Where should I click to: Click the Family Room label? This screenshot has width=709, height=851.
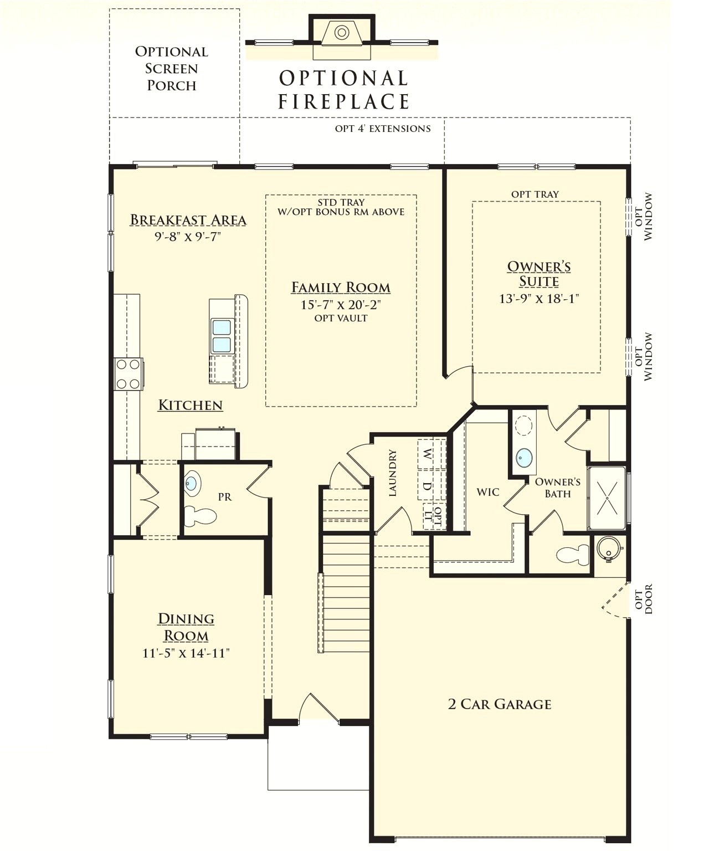[x=341, y=288]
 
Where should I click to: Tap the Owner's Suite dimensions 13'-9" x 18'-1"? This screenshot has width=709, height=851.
[x=538, y=299]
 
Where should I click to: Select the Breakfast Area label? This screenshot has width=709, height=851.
[x=188, y=220]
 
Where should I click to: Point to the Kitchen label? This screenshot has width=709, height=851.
[x=190, y=405]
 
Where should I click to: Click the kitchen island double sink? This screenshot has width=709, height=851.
[x=222, y=336]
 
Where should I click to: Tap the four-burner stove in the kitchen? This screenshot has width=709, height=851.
[x=128, y=374]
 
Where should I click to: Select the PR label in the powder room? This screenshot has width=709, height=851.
[x=224, y=497]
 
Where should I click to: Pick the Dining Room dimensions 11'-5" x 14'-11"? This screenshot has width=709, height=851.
[x=186, y=653]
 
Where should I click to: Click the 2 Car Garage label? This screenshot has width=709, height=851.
[x=499, y=704]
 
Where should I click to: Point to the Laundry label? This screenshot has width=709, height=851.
[x=393, y=473]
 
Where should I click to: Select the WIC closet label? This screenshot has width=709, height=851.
[x=487, y=492]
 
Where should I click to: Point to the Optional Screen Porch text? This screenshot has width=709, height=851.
[x=171, y=68]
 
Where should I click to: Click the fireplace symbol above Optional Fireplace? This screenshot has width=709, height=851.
[x=342, y=33]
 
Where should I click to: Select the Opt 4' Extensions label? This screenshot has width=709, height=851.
[x=382, y=129]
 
